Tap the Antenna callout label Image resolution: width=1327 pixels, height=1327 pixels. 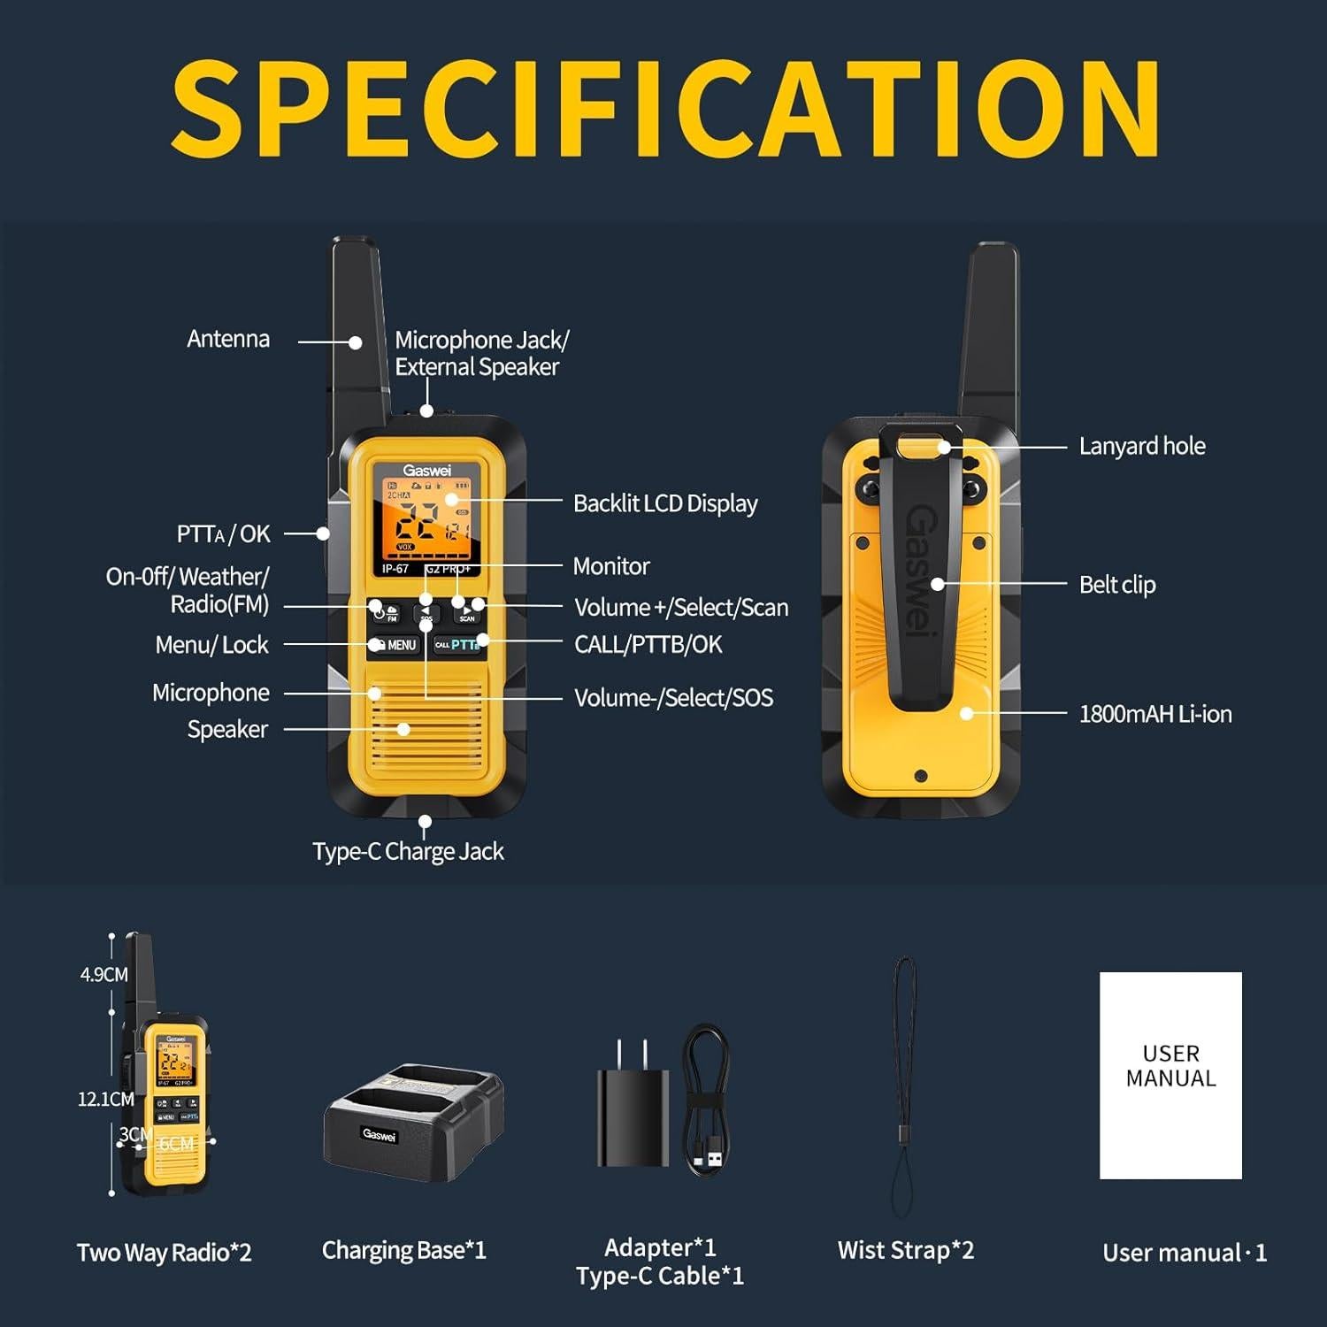(228, 340)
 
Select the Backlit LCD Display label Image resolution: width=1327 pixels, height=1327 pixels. (665, 503)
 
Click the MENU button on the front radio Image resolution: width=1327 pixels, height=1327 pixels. (395, 646)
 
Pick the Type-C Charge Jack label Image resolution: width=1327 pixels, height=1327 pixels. (408, 851)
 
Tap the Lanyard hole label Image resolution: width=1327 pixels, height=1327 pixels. (1142, 446)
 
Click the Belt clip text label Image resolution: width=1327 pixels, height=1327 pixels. (1117, 585)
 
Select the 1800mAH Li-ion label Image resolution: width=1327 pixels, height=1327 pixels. (1155, 714)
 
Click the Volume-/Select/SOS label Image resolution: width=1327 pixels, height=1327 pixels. (673, 698)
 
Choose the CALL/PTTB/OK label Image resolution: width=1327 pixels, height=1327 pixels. (648, 645)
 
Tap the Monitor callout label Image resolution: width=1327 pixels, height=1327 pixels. (611, 566)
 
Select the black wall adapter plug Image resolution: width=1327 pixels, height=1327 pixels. (632, 1110)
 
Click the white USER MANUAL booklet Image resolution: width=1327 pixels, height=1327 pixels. (1170, 1075)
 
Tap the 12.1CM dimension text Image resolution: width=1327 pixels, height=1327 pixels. (106, 1100)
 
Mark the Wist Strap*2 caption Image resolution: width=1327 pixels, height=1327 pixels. (905, 1251)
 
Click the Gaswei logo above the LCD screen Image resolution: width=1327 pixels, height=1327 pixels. (426, 471)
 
